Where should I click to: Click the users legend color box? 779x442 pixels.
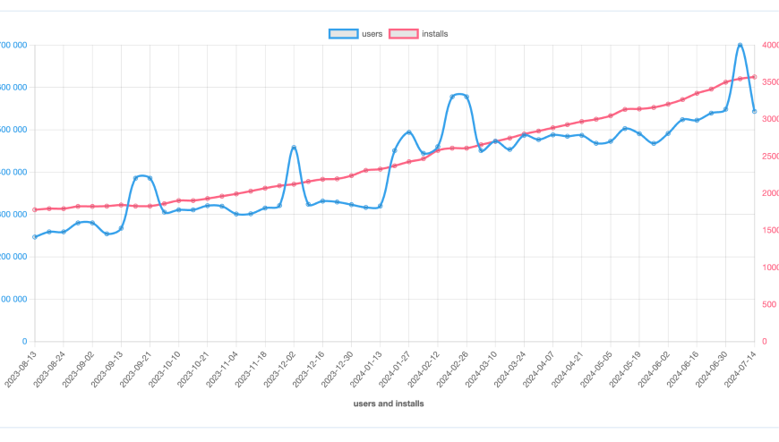point(343,34)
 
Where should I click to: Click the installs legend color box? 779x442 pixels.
point(404,34)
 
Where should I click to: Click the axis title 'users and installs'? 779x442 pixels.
point(389,404)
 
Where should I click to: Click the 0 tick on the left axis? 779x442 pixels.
point(24,342)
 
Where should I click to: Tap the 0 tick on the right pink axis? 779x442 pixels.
point(763,342)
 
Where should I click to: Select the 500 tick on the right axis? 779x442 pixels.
point(769,304)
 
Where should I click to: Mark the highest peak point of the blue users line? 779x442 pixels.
point(740,45)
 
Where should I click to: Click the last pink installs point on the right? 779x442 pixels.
point(754,77)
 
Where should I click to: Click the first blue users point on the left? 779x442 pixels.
point(35,237)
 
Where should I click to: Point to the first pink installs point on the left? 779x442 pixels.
point(35,209)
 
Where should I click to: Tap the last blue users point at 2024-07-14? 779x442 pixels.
point(754,112)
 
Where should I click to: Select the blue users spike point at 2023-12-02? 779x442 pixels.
point(294,148)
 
